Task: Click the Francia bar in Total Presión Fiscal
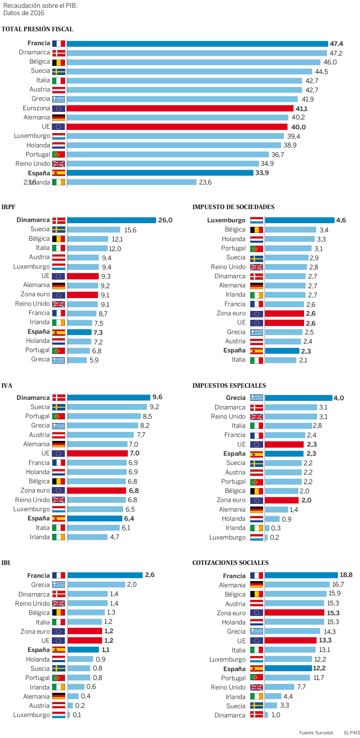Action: pos(197,44)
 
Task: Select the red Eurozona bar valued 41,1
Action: pos(180,108)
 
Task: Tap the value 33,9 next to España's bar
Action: pos(262,173)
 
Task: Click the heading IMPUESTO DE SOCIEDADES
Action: pos(233,207)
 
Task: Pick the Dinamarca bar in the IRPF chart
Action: pos(112,220)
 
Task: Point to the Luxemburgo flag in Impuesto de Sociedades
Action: pos(256,220)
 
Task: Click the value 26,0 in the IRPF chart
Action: pos(165,220)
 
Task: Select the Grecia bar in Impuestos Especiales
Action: pos(298,398)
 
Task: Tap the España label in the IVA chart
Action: pos(39,518)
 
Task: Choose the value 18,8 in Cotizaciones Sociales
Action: pos(346,575)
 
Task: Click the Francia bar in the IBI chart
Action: pos(105,575)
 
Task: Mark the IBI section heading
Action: pos(6,563)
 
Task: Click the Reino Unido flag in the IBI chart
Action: pos(58,603)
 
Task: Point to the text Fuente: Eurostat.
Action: pos(316,732)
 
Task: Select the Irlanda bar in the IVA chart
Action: pos(87,537)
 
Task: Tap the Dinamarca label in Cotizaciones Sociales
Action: pos(230,715)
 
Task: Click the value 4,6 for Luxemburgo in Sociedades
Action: pos(341,220)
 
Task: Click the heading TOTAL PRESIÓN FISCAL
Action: pos(37,29)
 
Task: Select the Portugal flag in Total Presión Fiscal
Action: pos(58,154)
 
